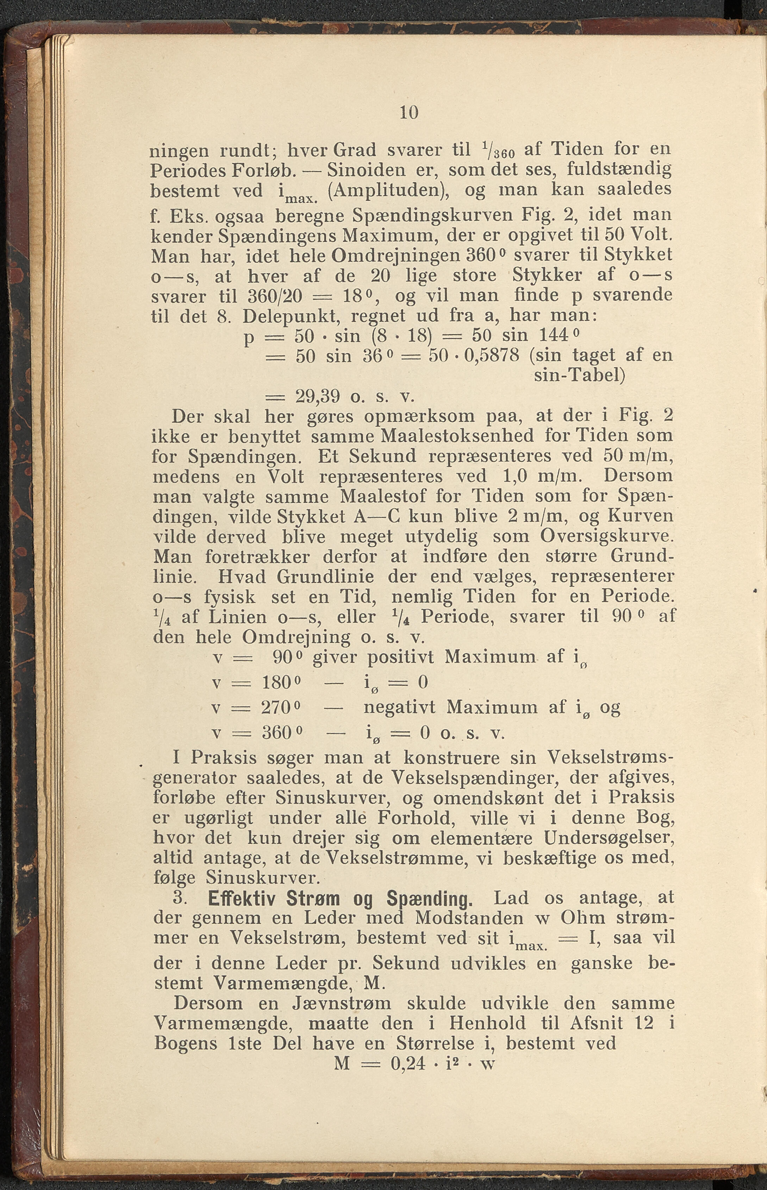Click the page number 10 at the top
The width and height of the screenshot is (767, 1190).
pos(409,113)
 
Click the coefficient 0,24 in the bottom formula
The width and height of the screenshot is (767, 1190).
pos(409,1064)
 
